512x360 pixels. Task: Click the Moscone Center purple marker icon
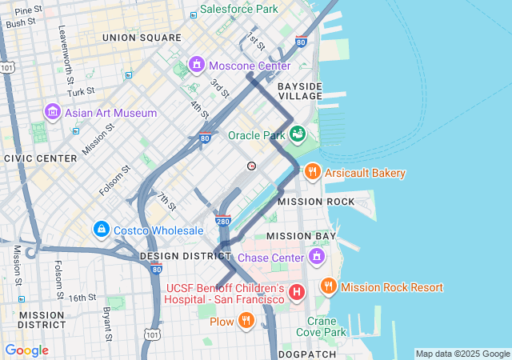click(197, 64)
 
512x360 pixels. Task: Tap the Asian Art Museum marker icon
click(53, 113)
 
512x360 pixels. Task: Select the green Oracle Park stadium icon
click(298, 134)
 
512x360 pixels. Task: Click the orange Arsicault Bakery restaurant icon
click(312, 173)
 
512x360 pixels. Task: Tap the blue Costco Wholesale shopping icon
click(101, 230)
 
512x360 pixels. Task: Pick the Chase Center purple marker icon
click(317, 258)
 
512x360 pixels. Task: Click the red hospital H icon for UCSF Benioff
click(297, 293)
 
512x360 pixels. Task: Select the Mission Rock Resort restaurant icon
click(327, 286)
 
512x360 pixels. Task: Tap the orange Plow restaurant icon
click(247, 322)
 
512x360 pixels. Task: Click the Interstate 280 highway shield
click(224, 220)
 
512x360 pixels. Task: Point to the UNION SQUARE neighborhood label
click(142, 38)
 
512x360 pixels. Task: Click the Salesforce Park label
click(238, 9)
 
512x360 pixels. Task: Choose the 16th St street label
click(82, 297)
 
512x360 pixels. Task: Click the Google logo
click(26, 350)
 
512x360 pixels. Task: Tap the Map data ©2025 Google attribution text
click(462, 354)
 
